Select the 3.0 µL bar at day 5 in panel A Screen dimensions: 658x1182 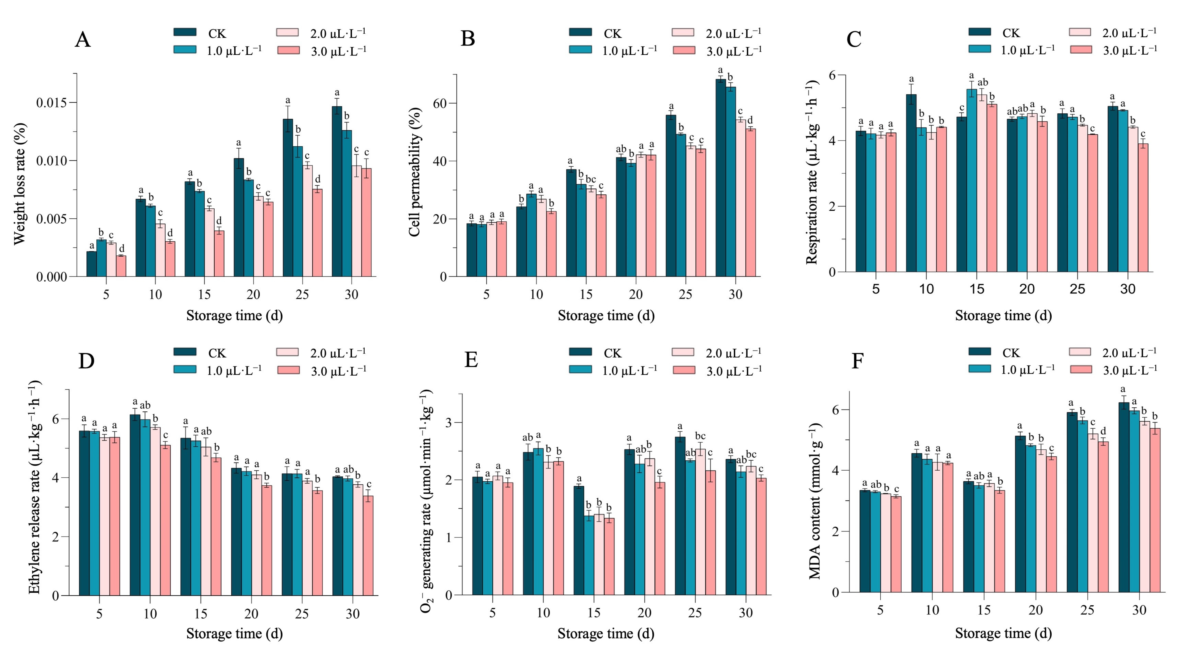[121, 266]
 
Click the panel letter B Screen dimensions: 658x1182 [468, 38]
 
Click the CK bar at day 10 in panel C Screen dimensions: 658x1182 [911, 184]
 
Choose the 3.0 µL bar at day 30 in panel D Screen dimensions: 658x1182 [368, 546]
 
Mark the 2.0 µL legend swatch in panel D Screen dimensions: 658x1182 [288, 352]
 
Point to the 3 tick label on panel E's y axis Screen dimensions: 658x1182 [449, 423]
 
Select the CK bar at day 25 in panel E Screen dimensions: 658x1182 [680, 516]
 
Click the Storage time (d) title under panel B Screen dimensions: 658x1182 [606, 316]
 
